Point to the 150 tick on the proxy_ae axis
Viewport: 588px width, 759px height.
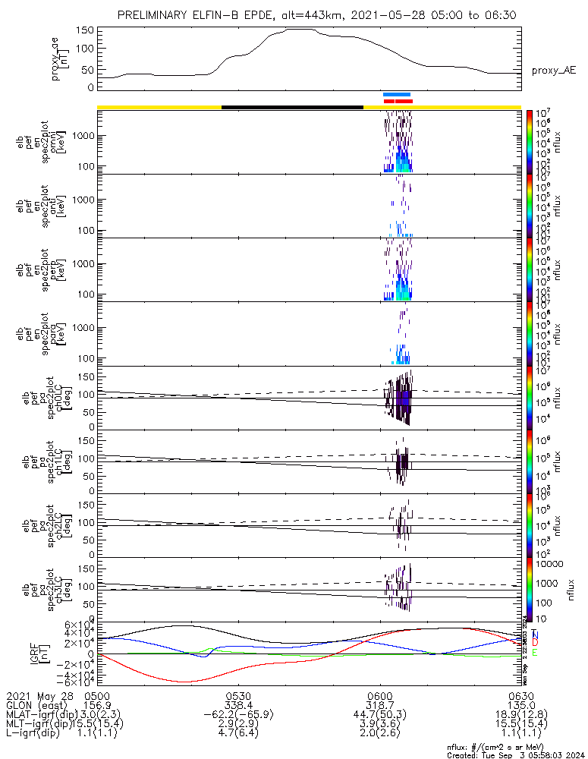[85, 30]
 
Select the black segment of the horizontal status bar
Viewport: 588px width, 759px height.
[292, 107]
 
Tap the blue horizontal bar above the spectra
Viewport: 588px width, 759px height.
[397, 94]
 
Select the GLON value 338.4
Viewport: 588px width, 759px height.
[239, 705]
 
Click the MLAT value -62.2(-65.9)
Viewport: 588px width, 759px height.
[239, 714]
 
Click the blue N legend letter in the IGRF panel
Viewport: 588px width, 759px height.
[535, 634]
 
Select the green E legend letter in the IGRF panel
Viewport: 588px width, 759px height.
[535, 652]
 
